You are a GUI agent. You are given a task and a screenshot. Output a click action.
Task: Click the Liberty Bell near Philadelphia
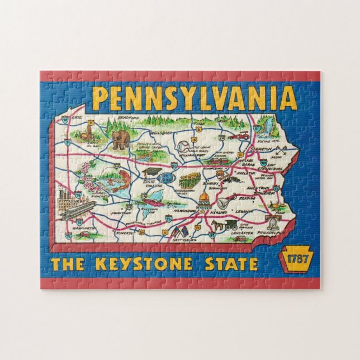pyautogui.click(x=273, y=224)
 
